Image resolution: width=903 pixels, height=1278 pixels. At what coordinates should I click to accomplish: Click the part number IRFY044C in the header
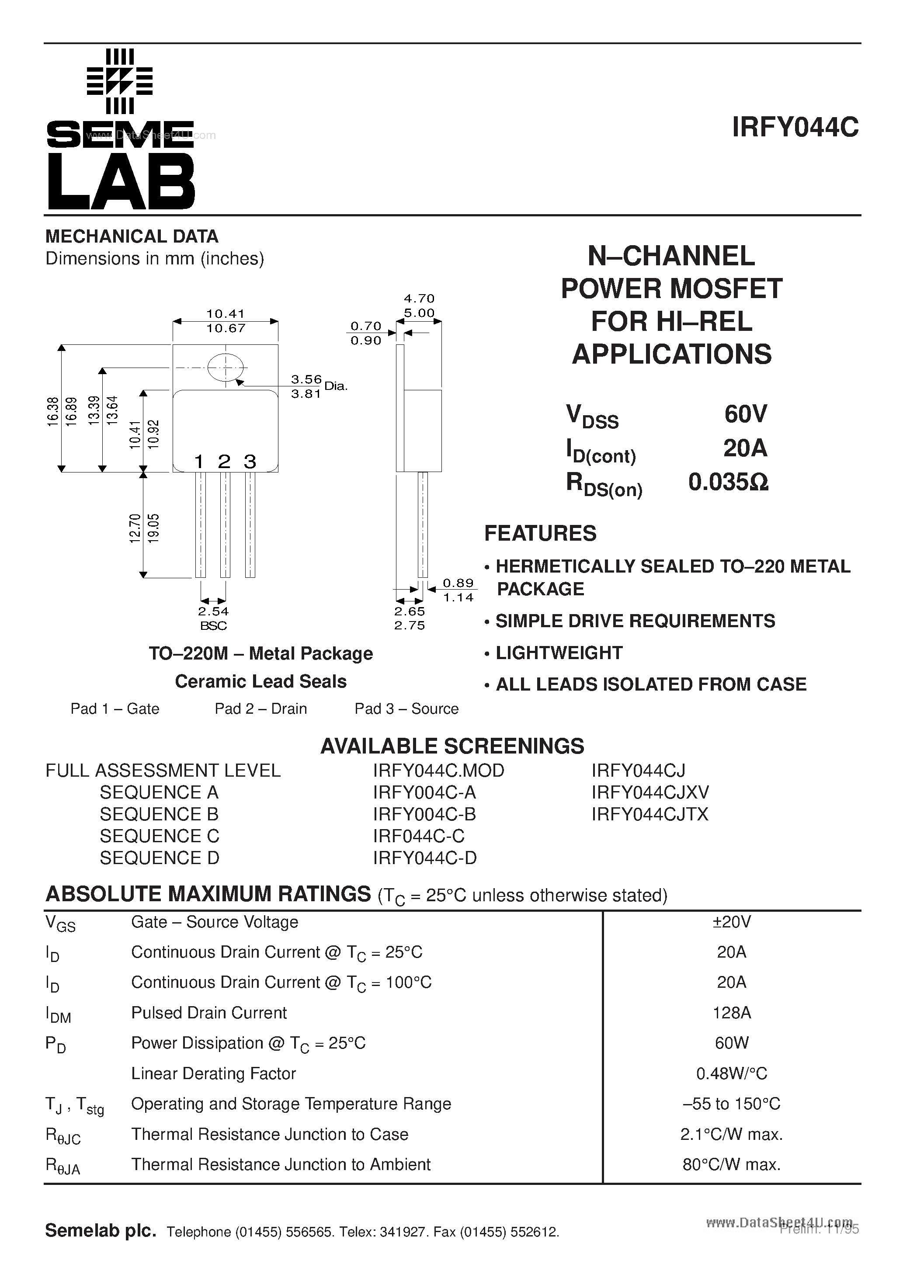coord(795,128)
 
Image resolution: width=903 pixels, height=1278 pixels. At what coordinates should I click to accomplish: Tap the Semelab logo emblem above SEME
coord(120,81)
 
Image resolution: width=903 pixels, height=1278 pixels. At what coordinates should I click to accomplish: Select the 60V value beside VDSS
coord(746,414)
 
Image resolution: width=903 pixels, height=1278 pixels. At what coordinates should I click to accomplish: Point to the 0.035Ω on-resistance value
coord(728,482)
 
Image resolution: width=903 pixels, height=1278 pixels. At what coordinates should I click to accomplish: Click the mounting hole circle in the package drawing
coord(226,368)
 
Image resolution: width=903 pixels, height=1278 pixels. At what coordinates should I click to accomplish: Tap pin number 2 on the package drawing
coord(224,462)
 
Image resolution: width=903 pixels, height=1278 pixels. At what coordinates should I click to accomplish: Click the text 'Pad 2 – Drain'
coord(260,708)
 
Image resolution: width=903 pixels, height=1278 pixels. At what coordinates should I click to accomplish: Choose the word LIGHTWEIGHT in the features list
coord(559,653)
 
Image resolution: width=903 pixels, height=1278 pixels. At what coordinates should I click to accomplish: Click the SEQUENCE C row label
coord(159,836)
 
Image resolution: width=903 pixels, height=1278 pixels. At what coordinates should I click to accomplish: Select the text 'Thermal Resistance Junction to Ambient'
coord(281,1164)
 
